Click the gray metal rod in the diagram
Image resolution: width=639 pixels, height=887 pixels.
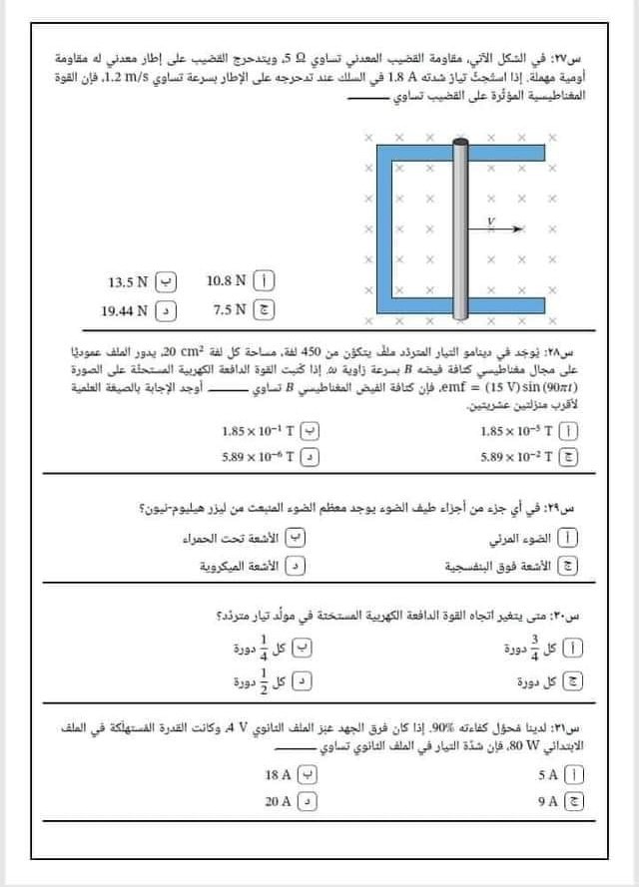point(460,230)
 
